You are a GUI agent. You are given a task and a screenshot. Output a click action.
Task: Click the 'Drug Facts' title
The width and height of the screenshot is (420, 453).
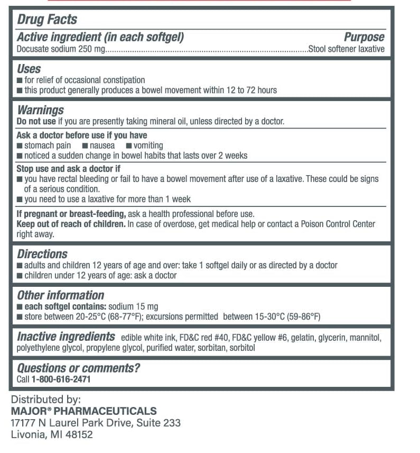tap(47, 20)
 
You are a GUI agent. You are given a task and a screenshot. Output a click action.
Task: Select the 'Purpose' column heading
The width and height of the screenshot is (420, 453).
tap(364, 37)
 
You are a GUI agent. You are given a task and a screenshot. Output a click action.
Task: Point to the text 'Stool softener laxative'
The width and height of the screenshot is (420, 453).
tap(346, 49)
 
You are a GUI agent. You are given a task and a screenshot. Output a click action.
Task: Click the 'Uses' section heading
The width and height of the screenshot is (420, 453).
tap(29, 69)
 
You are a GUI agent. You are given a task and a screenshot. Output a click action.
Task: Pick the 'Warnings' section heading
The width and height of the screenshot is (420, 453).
tap(40, 110)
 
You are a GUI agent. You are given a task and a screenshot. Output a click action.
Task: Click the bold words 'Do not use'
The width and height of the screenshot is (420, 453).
tap(36, 121)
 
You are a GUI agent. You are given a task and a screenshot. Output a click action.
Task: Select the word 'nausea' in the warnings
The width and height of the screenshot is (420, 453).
tap(102, 146)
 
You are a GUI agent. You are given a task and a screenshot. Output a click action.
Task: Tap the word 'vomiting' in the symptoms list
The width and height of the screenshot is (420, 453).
tap(148, 146)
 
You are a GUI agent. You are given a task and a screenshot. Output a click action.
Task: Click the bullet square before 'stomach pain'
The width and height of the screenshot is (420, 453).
tap(20, 146)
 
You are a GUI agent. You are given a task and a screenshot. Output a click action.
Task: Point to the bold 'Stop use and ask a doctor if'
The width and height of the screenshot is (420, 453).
tap(69, 169)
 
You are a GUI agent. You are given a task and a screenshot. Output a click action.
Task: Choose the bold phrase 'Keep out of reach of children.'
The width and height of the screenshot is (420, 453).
tap(71, 224)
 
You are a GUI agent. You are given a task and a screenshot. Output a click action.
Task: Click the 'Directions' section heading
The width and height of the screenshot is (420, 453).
tap(42, 254)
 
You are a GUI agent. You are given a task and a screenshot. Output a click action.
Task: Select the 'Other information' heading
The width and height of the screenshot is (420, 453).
tap(60, 295)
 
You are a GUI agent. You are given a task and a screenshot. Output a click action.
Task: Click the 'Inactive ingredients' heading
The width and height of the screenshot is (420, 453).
tap(66, 337)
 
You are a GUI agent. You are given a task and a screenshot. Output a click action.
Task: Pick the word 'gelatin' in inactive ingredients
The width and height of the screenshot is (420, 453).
tap(302, 338)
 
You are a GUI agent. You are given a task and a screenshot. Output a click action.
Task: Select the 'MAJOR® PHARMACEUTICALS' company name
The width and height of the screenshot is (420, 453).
tap(83, 411)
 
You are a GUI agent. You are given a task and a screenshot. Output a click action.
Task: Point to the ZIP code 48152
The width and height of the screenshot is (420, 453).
tap(78, 434)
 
